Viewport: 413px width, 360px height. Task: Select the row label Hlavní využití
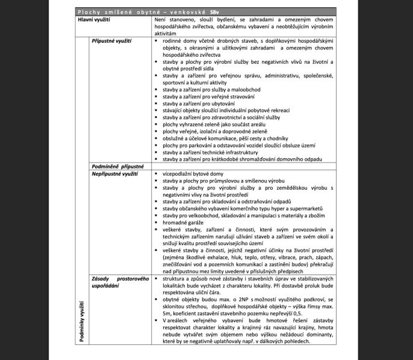click(x=98, y=20)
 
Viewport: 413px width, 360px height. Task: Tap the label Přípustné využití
click(x=112, y=40)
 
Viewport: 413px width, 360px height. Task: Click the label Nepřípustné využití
click(x=116, y=173)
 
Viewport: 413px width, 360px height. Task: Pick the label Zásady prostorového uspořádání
click(x=120, y=283)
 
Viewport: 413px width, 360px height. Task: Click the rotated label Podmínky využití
click(x=82, y=324)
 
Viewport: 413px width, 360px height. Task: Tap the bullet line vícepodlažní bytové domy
click(x=194, y=173)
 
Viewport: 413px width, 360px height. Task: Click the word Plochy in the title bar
click(x=90, y=13)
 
